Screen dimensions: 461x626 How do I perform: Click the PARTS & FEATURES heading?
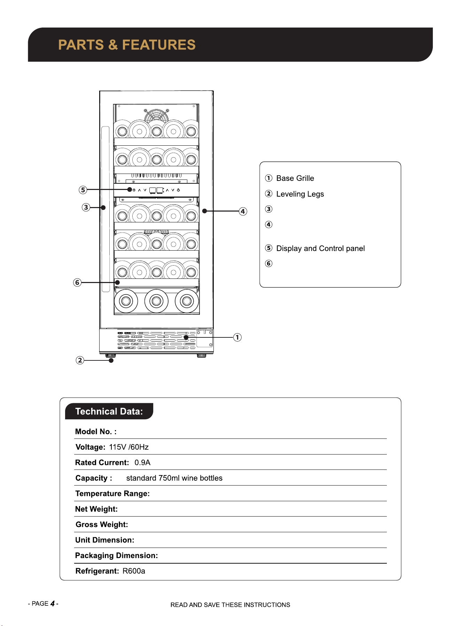click(x=127, y=45)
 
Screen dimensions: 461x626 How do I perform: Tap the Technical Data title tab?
click(x=109, y=411)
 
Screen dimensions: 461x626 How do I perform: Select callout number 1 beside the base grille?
click(x=237, y=337)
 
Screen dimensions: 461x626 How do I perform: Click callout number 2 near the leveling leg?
click(x=80, y=360)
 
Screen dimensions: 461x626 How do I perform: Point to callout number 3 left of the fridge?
click(x=86, y=207)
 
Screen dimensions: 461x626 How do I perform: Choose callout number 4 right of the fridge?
click(x=243, y=211)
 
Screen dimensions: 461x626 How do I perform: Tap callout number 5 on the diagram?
click(x=83, y=190)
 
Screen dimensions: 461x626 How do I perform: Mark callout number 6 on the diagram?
click(x=77, y=282)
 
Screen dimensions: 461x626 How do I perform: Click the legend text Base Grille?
click(x=295, y=178)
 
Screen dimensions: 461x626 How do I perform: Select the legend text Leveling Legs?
click(x=300, y=194)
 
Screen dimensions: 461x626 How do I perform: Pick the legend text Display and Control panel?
click(x=321, y=249)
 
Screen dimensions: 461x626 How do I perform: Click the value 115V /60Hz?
click(x=129, y=447)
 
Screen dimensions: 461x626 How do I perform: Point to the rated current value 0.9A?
click(x=142, y=463)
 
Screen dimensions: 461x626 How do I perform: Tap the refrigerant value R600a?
click(x=134, y=571)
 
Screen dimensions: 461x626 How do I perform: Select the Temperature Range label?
click(x=112, y=494)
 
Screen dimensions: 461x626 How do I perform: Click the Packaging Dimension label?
click(x=117, y=556)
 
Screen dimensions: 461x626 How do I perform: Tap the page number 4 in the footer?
click(x=53, y=604)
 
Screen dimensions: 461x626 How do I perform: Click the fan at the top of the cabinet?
click(x=156, y=116)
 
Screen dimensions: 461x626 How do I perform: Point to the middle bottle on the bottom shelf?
click(x=156, y=301)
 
